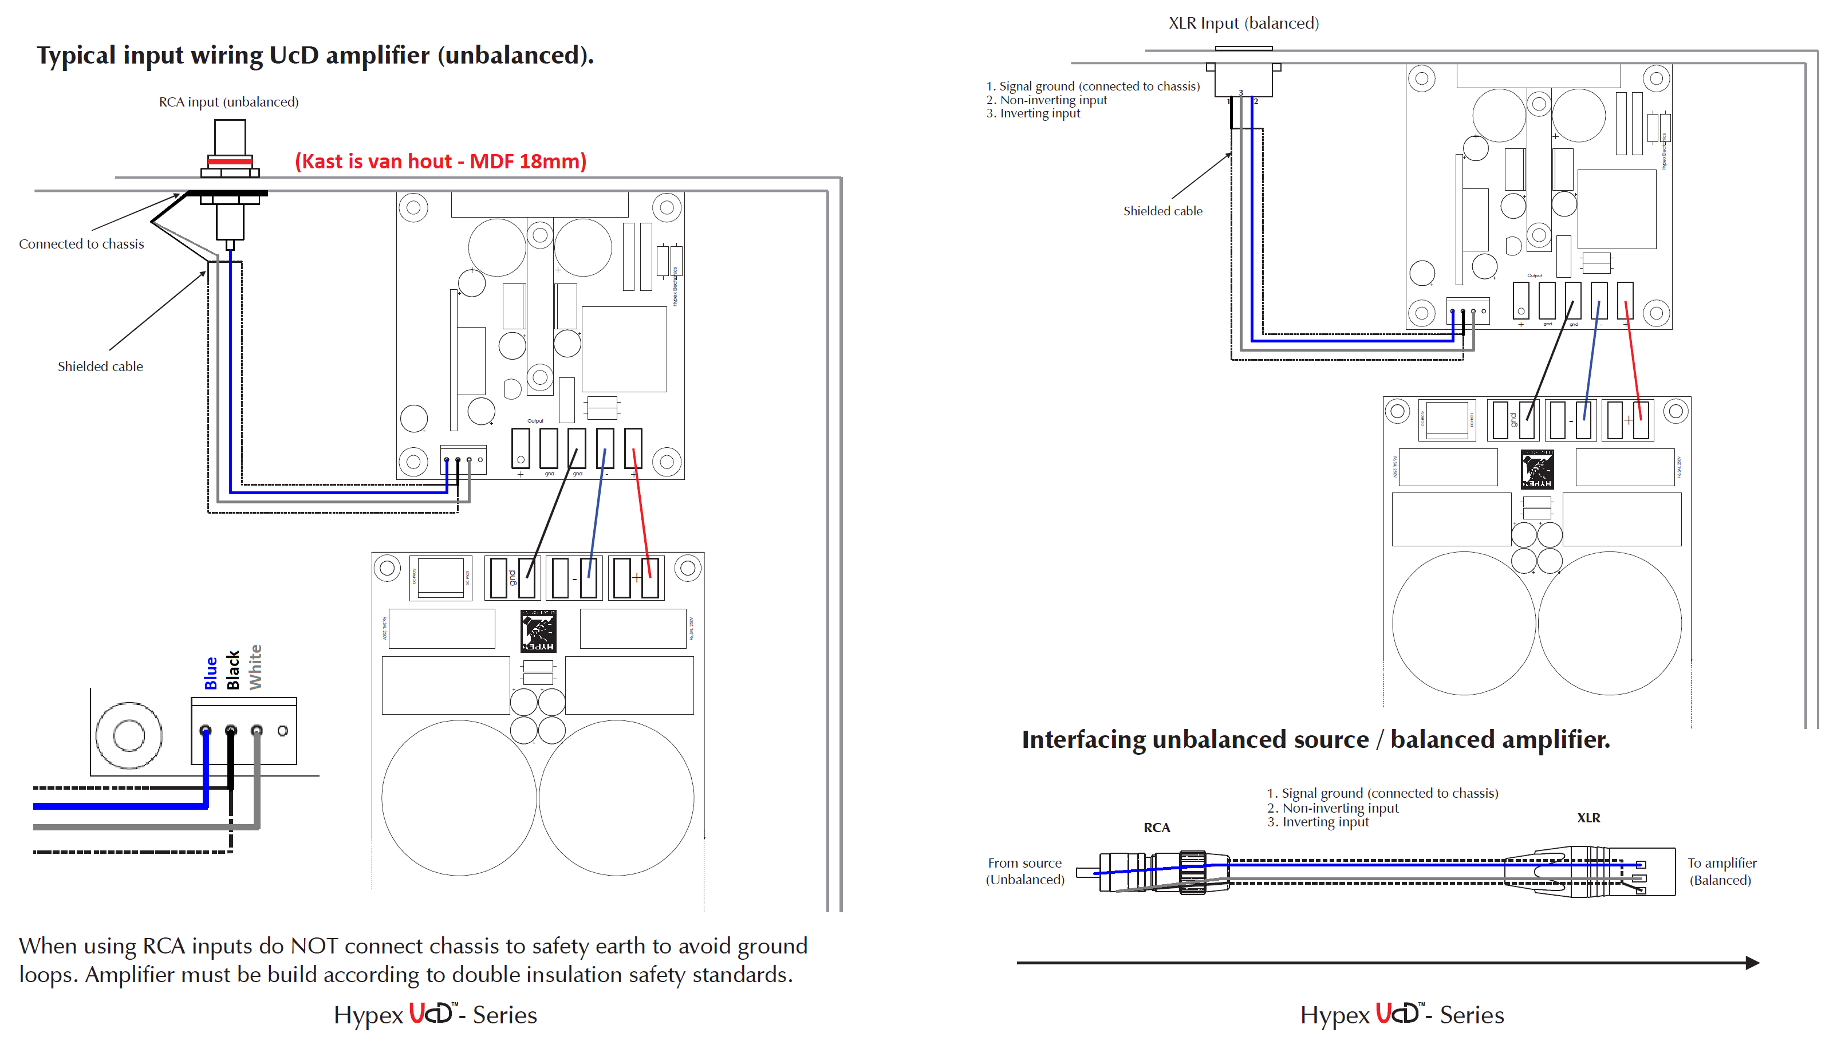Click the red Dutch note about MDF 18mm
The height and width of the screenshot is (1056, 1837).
click(x=440, y=161)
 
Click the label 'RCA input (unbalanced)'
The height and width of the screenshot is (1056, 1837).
click(x=228, y=101)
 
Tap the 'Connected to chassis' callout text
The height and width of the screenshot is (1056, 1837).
click(x=81, y=244)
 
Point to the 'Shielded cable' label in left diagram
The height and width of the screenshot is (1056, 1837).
click(x=100, y=367)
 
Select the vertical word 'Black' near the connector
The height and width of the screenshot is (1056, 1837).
click(x=233, y=670)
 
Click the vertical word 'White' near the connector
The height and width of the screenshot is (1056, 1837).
click(x=255, y=667)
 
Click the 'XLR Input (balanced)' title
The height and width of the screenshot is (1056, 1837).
click(x=1243, y=23)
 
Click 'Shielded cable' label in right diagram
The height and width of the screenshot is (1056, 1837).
click(x=1162, y=211)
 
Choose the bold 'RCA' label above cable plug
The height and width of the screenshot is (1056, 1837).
click(x=1156, y=828)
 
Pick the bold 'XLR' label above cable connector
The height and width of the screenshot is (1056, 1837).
click(x=1588, y=817)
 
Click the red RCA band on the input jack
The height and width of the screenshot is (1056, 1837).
click(x=230, y=161)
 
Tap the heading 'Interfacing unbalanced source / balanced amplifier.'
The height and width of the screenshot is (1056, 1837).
click(x=1315, y=739)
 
